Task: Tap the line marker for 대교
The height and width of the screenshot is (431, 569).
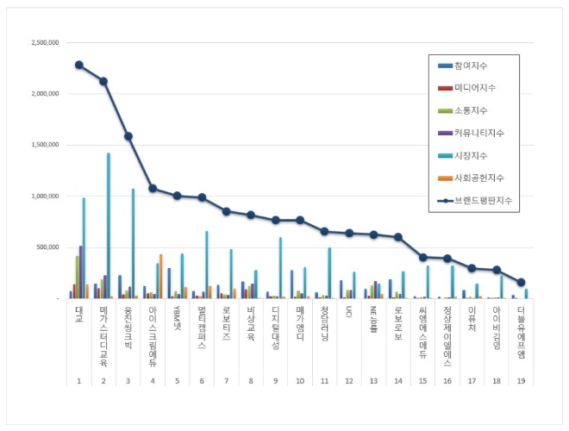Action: (x=78, y=65)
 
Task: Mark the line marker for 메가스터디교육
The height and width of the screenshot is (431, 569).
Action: (x=103, y=81)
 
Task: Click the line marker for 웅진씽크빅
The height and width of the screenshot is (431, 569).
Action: (x=128, y=136)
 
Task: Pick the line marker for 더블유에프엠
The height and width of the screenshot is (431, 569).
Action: (x=522, y=282)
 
